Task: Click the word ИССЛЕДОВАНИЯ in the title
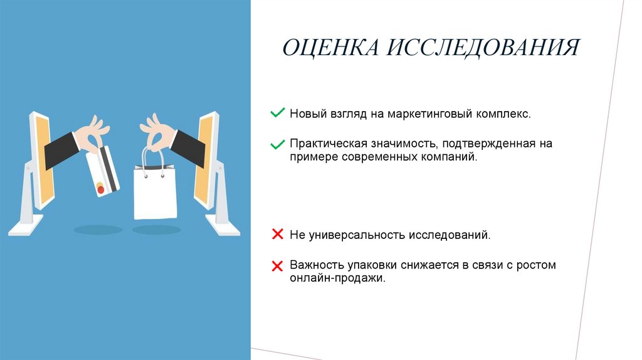[482, 48]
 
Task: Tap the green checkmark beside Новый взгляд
[277, 114]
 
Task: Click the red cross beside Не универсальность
[277, 235]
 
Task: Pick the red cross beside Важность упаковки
[277, 266]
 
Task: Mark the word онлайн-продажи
[336, 278]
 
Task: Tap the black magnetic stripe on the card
[109, 169]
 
